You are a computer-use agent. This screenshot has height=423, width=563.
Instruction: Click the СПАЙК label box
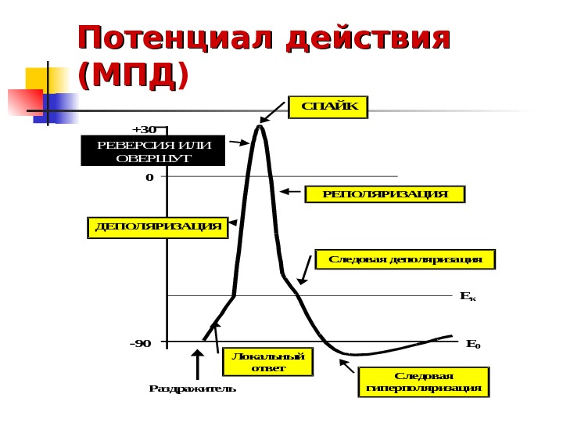[x=328, y=107]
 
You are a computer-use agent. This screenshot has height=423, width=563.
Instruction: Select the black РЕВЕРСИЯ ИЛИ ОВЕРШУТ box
[x=152, y=151]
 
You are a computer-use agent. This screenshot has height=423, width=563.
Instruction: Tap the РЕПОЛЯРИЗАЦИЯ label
[x=384, y=193]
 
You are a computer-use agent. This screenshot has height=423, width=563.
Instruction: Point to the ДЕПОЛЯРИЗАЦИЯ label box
[x=156, y=227]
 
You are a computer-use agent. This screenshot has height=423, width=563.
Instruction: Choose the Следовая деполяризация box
[x=405, y=259]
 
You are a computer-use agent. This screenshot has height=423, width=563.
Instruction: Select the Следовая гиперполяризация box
[x=423, y=381]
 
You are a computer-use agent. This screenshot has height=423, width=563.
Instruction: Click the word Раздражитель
[x=192, y=389]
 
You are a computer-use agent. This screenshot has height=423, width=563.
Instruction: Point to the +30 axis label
[x=144, y=129]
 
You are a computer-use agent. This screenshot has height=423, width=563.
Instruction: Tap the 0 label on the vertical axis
[x=149, y=177]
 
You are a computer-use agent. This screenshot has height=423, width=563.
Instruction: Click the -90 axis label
[x=142, y=343]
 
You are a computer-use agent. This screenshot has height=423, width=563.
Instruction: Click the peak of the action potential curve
[x=259, y=127]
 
